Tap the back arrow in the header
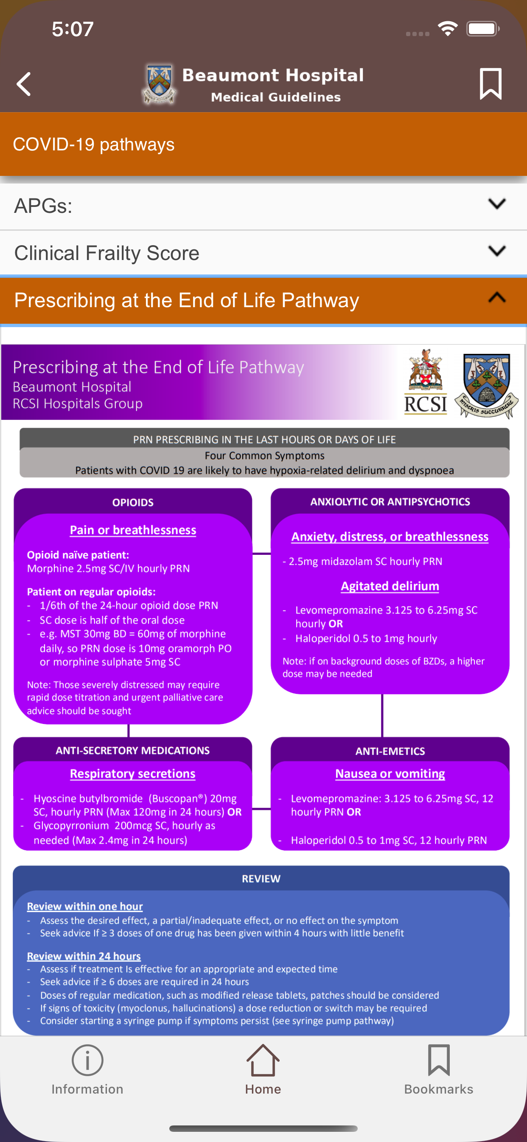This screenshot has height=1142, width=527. coord(23,84)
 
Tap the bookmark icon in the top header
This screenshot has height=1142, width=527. coord(490,84)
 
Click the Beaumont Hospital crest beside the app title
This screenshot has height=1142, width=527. coord(159,84)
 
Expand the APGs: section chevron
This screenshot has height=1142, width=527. coord(496,204)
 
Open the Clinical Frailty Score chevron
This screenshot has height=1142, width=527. coord(496,252)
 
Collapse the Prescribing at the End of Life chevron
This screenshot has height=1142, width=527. coord(496,297)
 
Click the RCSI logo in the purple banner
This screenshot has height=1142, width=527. coord(426,382)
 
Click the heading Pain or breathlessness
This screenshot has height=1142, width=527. coord(133,530)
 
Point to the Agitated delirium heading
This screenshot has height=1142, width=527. coord(390,586)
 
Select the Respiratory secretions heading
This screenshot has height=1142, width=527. coord(133,774)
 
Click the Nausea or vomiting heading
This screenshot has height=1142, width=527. coord(390,774)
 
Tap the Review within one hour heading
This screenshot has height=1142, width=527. coord(85,906)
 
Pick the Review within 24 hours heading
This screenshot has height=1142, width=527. coord(84,956)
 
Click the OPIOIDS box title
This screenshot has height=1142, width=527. coord(133,503)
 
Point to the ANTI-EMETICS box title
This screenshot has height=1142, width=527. coord(390,752)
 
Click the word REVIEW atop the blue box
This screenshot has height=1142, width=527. coord(261,879)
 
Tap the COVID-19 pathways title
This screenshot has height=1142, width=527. coord(94,144)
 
